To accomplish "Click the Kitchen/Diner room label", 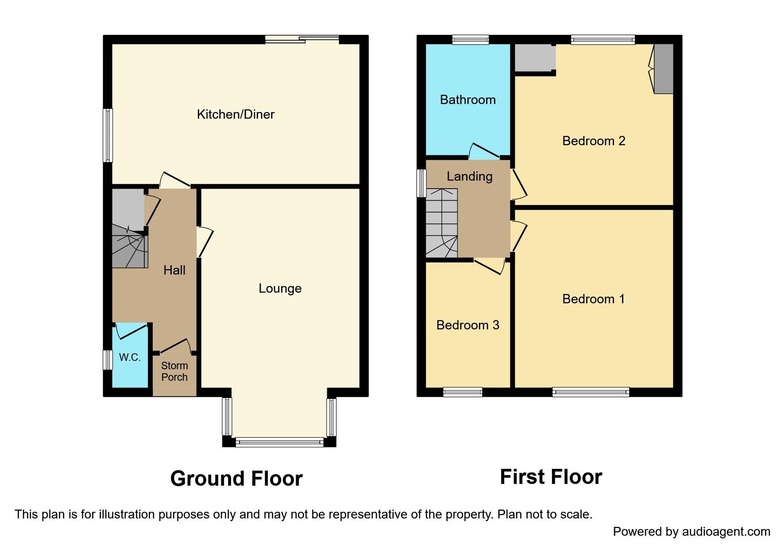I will (x=236, y=114).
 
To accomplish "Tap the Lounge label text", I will (x=280, y=288).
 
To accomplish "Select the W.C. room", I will (x=130, y=357).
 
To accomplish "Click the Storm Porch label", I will (x=174, y=371).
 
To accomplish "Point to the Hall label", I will (x=174, y=270).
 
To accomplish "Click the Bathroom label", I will (x=467, y=100).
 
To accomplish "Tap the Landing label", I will (x=469, y=176).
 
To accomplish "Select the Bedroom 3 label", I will (x=467, y=325).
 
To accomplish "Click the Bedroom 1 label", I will (x=593, y=299).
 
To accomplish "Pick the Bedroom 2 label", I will (x=593, y=141).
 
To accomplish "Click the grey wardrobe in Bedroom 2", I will (x=664, y=69).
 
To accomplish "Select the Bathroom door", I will (x=485, y=151).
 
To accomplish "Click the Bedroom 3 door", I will (x=490, y=266).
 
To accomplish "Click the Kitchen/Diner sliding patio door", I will (x=302, y=40).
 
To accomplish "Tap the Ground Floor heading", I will (x=236, y=479).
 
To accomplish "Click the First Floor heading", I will (x=551, y=477).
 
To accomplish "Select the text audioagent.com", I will (x=726, y=531).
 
